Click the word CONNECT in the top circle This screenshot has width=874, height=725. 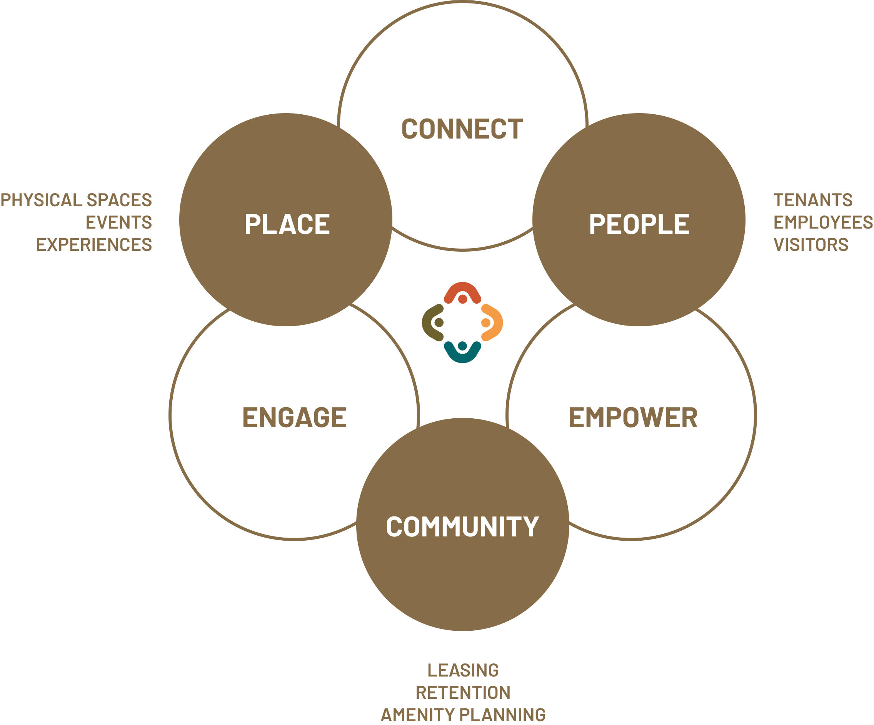[x=462, y=129]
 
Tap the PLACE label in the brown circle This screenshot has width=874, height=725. [x=287, y=224]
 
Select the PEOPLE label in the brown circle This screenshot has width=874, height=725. [x=639, y=224]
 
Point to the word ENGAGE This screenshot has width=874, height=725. [x=294, y=417]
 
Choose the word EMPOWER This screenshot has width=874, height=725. [x=633, y=417]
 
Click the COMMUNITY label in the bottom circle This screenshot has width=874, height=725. [x=462, y=526]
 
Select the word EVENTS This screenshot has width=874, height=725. [x=119, y=222]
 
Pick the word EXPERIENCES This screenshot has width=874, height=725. [x=94, y=244]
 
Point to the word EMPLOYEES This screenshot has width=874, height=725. [x=823, y=222]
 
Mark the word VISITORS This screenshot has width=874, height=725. [x=811, y=244]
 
